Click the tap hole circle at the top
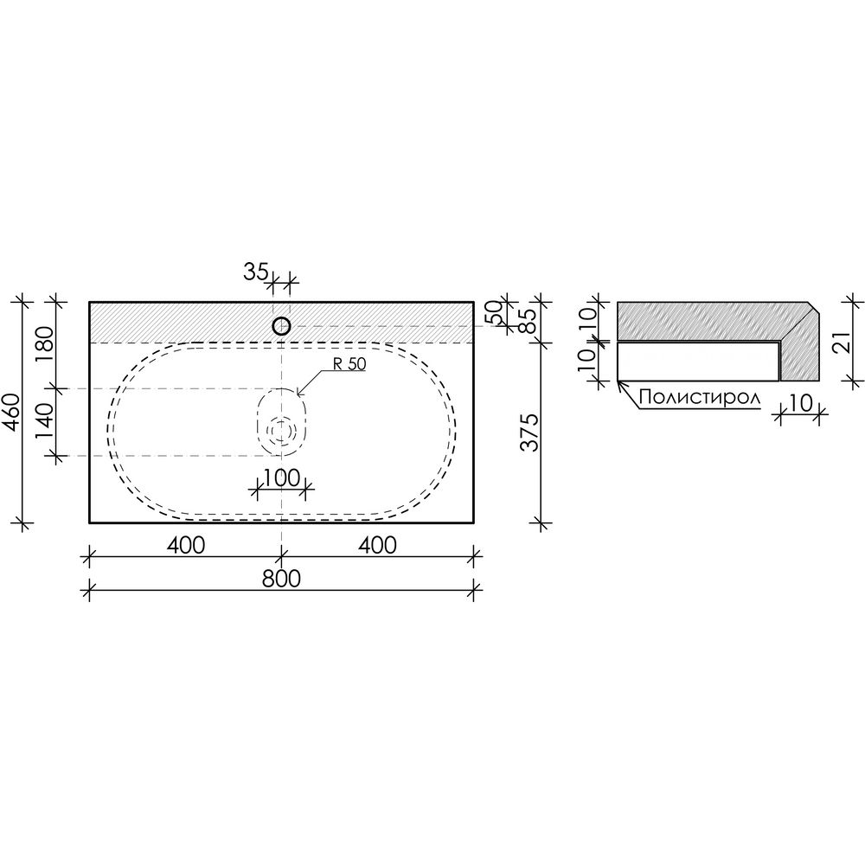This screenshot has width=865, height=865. (281, 326)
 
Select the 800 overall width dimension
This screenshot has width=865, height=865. (281, 579)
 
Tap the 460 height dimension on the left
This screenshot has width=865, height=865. (12, 412)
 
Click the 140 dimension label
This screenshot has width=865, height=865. (45, 422)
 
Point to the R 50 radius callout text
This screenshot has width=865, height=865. (349, 364)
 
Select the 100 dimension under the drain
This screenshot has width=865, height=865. (281, 477)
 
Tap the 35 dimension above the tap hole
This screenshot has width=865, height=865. (255, 272)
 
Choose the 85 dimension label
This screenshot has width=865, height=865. (527, 320)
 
